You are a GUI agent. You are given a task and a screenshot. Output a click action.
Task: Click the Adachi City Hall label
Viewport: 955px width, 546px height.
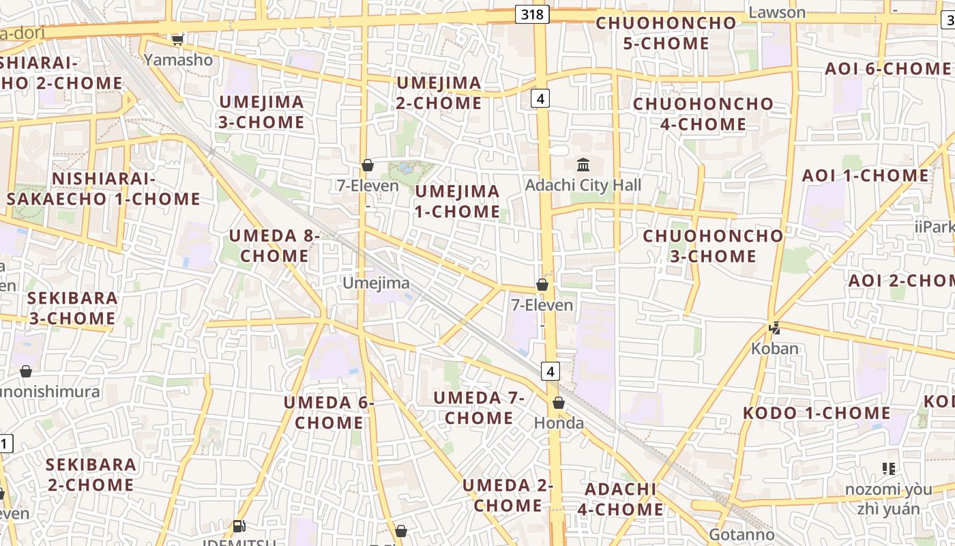coord(583,185)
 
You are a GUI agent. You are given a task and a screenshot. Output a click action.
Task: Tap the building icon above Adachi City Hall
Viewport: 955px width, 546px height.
coord(583,164)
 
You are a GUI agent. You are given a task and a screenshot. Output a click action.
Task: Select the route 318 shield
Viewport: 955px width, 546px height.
coord(532,14)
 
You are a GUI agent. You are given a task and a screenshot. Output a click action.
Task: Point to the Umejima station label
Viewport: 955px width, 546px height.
coord(376,283)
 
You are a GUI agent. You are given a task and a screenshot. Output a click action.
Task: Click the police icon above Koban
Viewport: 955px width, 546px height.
coord(774,328)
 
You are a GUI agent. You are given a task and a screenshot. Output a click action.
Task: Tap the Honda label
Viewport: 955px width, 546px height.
coord(559,423)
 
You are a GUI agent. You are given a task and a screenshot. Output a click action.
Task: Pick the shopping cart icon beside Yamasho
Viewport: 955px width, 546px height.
coord(178,40)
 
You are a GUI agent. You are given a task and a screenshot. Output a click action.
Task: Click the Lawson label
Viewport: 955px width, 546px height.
coord(777,12)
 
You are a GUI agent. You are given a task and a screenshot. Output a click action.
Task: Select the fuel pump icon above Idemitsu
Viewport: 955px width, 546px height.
coord(239,526)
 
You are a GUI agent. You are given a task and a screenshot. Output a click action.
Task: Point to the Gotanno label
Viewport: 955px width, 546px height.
coord(741,534)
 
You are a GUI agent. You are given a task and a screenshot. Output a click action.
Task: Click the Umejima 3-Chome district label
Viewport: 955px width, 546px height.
coord(261,112)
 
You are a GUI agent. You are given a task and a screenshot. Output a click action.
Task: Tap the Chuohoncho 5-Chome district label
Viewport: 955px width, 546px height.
coord(666,33)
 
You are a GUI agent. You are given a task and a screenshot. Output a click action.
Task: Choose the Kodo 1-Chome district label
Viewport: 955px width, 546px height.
coord(817,413)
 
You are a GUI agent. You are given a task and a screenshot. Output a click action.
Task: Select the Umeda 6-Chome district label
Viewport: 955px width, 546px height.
coord(329,412)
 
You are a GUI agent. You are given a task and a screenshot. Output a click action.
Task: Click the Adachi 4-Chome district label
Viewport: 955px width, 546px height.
coord(621,499)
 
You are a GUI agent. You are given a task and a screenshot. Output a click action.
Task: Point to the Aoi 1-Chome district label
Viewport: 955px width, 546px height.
coord(865,175)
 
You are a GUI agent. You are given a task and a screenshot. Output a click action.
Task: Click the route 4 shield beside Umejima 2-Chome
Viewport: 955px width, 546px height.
coord(540,99)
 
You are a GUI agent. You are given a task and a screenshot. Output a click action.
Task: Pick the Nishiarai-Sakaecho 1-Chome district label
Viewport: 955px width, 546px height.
coord(104,189)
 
